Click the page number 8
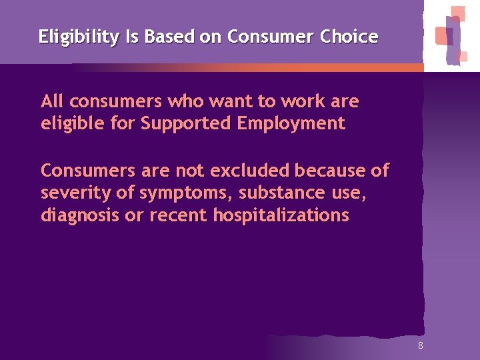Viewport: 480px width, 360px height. pyautogui.click(x=420, y=345)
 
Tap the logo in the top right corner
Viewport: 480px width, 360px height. pyautogui.click(x=452, y=35)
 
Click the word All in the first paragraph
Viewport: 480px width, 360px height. pyautogui.click(x=52, y=101)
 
